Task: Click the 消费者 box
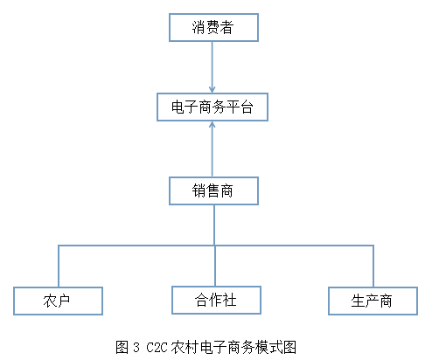tap(213, 27)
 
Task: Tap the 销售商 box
tap(213, 190)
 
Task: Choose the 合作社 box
tap(215, 300)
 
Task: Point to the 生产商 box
tap(372, 301)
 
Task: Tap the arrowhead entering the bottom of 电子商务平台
tap(213, 127)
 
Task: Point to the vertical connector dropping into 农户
tap(58, 266)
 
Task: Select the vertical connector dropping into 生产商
tap(373, 266)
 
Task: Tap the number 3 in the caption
tap(136, 347)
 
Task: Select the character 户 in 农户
tap(64, 301)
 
